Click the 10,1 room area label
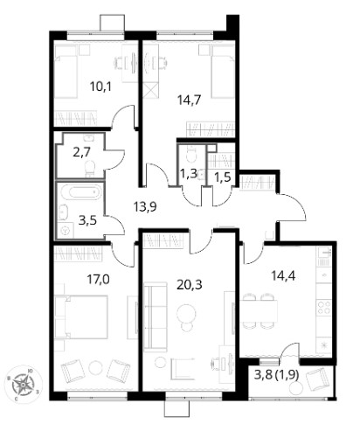[100, 87]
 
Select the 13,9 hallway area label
[145, 207]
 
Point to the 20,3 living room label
[190, 284]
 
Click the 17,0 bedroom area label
[99, 280]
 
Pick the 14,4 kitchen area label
[283, 275]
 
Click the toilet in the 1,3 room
[191, 154]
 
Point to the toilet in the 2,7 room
[90, 169]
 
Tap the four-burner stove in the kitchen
[324, 307]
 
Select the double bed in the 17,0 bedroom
[81, 317]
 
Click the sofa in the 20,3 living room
[156, 317]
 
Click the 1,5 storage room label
[223, 177]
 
